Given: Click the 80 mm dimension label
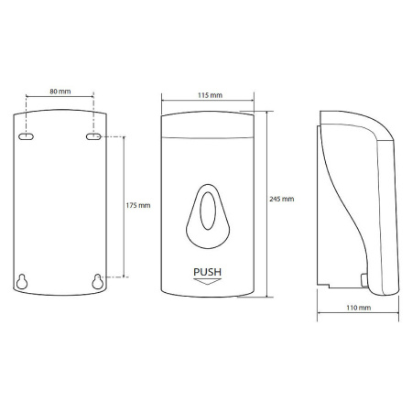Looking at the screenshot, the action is click(60, 92).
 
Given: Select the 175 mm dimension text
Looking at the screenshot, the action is click(138, 205).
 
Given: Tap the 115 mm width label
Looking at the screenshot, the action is click(210, 95).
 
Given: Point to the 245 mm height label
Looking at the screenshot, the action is click(282, 199).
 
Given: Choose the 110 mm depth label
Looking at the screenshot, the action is click(359, 308).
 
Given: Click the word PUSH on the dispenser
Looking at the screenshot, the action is click(208, 272).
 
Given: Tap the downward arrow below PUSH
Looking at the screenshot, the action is click(208, 281).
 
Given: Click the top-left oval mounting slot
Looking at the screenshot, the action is click(26, 136).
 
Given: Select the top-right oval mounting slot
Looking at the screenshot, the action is click(93, 136).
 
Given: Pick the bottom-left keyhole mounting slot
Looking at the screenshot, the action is click(22, 281).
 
